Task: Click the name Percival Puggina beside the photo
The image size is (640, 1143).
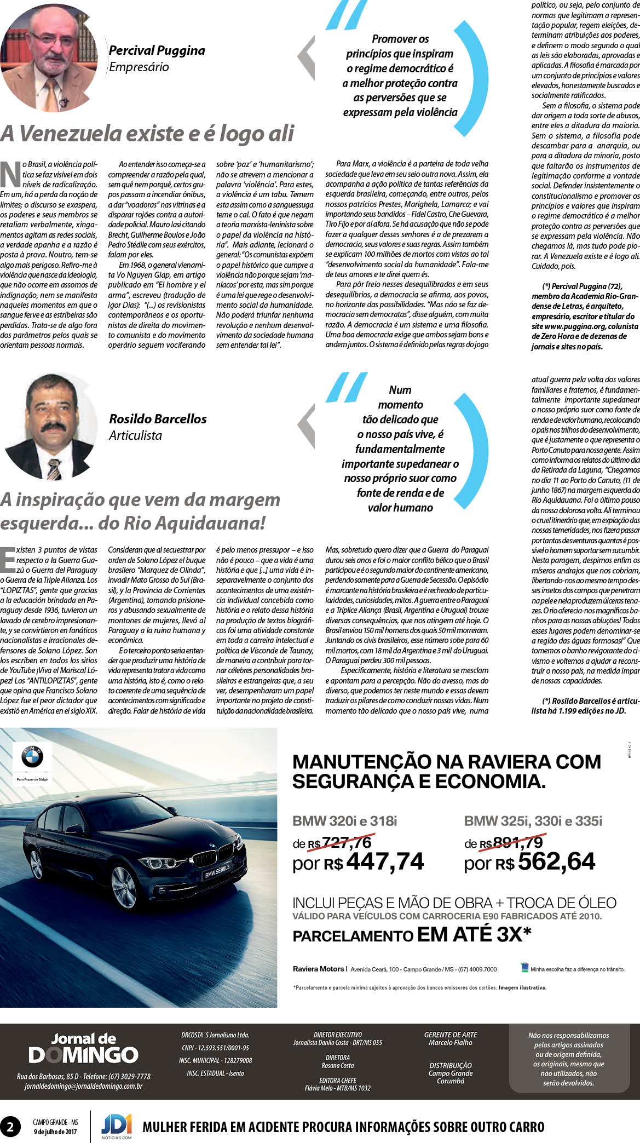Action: point(157,50)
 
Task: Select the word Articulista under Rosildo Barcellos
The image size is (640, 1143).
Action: point(135,435)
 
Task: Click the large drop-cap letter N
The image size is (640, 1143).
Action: point(10,174)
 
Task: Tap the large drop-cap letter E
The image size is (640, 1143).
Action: point(8,560)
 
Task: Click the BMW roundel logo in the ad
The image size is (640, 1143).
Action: point(32,757)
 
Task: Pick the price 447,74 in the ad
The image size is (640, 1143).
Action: point(385,861)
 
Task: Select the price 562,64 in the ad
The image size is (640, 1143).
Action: point(556,861)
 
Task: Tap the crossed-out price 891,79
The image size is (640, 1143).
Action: point(517,842)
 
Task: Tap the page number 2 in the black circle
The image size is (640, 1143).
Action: point(10,1127)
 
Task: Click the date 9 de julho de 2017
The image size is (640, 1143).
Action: point(55,1131)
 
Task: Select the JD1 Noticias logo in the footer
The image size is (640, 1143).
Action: point(116,1126)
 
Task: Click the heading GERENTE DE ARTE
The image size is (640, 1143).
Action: point(451,1035)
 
